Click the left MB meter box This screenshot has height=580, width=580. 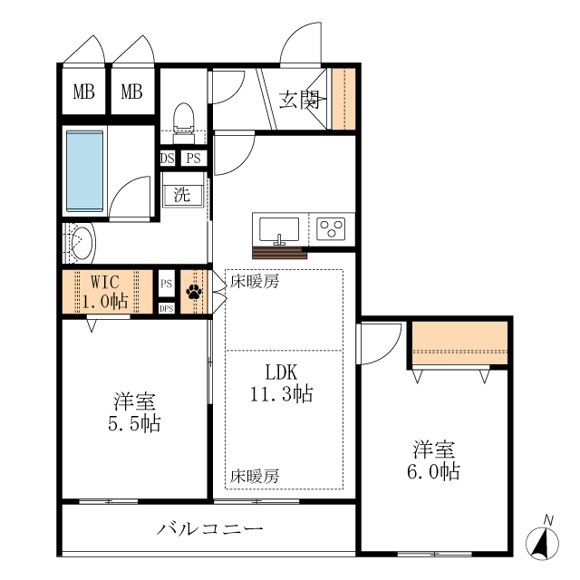click(84, 91)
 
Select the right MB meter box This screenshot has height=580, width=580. click(132, 91)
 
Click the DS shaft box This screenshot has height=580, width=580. click(167, 159)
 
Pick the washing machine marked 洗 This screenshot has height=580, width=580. click(182, 194)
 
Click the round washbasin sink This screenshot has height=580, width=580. click(80, 244)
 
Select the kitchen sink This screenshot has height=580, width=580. click(280, 227)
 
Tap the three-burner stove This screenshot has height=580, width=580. click(332, 227)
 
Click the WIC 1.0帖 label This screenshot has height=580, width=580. click(105, 292)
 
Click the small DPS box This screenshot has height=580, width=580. click(167, 308)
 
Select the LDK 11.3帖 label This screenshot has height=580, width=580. click(282, 382)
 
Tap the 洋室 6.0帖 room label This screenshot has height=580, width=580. click(436, 460)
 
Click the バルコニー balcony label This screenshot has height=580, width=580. click(209, 528)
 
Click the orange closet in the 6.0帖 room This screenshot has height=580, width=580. click(459, 343)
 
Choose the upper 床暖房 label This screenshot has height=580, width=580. click(254, 281)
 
